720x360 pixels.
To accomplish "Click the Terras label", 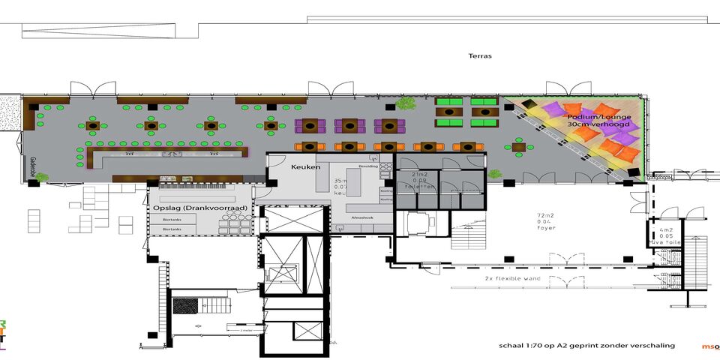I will (x=480, y=55).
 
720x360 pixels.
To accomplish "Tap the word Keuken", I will (x=305, y=167).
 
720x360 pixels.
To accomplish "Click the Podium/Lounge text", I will (x=598, y=118).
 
